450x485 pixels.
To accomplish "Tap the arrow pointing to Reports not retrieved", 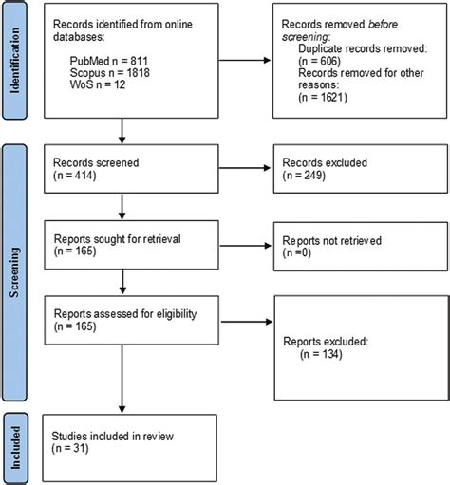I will (244, 250).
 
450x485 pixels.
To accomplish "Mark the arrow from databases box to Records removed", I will (244, 62).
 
